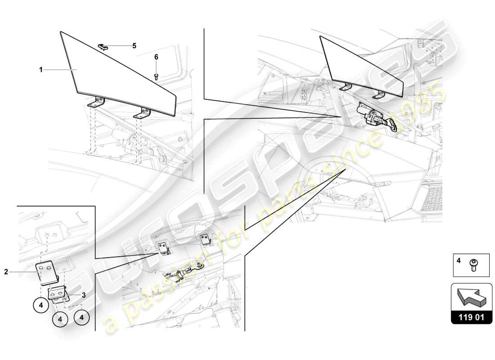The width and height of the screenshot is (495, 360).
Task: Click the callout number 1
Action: click(40, 70)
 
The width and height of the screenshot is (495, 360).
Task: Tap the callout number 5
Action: click(134, 45)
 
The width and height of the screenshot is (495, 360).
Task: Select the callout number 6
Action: click(156, 57)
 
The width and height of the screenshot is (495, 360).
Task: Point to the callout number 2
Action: click(6, 271)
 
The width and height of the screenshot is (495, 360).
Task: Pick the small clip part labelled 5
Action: click(104, 46)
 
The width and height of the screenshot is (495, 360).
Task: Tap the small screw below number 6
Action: click(156, 76)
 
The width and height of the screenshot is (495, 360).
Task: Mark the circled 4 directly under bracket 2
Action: click(40, 305)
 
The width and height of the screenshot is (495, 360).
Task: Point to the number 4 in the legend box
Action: click(459, 261)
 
